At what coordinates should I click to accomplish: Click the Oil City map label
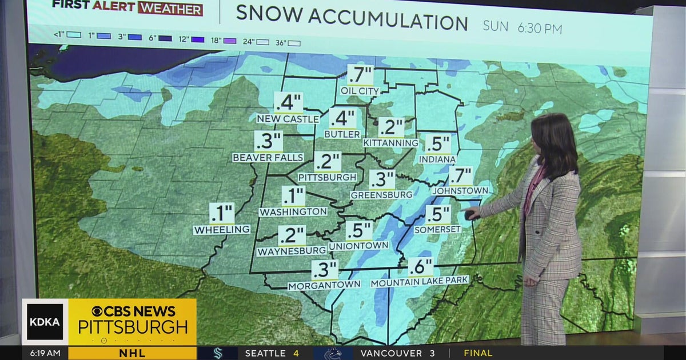tap(361, 91)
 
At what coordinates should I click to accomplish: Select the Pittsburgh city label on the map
tap(328, 177)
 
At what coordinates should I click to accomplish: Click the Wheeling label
tap(222, 230)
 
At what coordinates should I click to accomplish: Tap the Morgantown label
tap(324, 284)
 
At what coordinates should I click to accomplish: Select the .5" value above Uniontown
tap(358, 231)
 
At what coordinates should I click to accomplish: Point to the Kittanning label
tap(391, 142)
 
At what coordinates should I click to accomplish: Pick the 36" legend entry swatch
tap(294, 43)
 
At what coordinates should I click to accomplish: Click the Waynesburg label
tap(292, 251)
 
